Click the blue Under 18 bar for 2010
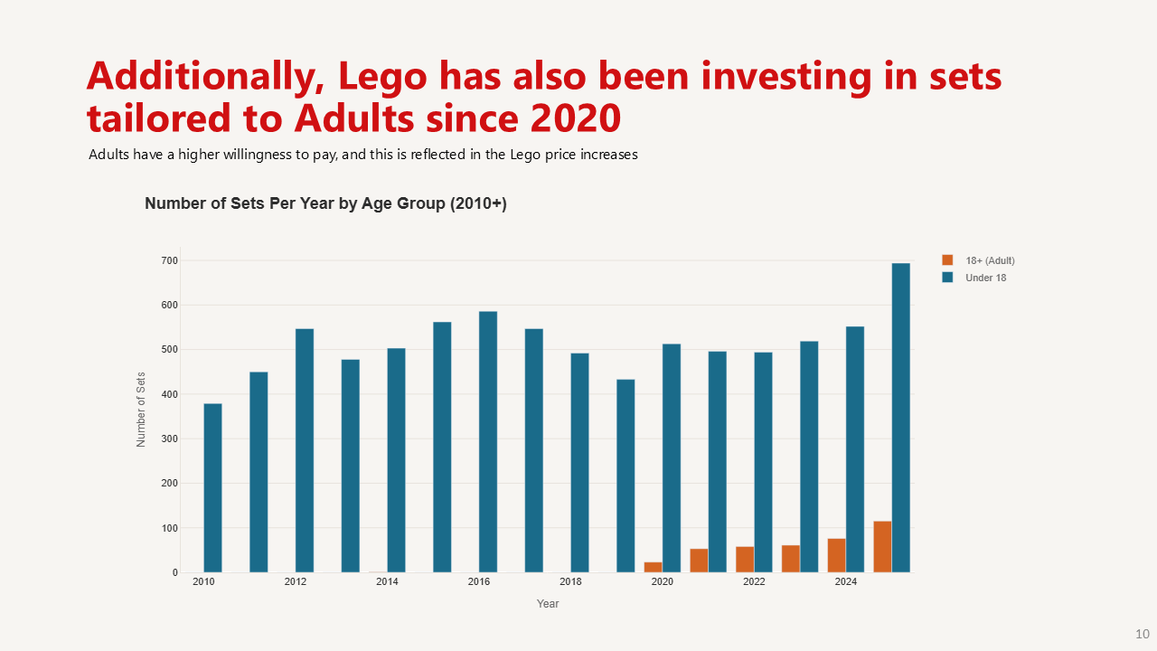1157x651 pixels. pos(212,487)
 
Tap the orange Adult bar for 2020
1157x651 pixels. pos(653,567)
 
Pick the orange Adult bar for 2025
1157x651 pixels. pos(882,546)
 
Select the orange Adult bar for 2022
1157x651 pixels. pos(745,559)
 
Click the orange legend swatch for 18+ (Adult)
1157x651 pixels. pos(947,260)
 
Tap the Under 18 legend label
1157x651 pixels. pos(985,278)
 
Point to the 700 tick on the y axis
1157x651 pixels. pos(170,260)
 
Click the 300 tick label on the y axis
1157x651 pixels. pos(170,439)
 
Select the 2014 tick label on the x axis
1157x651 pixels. pos(387,582)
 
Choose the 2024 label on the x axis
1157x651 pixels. pos(846,582)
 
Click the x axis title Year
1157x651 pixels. pos(548,604)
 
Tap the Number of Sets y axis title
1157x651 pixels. pos(141,409)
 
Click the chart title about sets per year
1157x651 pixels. pos(325,203)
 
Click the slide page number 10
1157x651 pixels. pos(1143,633)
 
